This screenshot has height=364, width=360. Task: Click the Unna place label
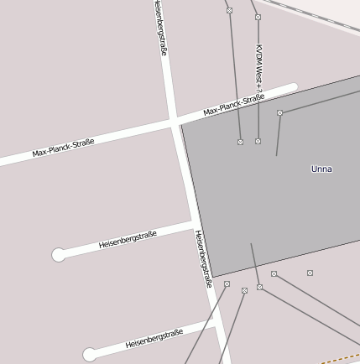click(321, 169)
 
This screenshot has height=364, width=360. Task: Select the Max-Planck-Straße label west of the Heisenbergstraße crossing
click(63, 148)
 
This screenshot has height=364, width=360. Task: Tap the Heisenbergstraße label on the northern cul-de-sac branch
click(128, 240)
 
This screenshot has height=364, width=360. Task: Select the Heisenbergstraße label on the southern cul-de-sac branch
click(154, 339)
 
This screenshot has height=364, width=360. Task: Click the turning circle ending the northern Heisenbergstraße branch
click(59, 255)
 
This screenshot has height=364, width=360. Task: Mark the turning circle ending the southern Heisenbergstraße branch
click(90, 355)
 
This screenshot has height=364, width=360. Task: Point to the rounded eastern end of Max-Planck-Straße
click(293, 86)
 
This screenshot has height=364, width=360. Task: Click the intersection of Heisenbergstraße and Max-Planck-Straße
click(175, 123)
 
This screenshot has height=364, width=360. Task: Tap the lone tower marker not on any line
click(310, 273)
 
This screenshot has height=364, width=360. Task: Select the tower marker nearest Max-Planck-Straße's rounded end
click(279, 112)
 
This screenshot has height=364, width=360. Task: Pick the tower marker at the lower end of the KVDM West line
click(258, 141)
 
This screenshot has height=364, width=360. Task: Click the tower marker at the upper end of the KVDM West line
click(258, 17)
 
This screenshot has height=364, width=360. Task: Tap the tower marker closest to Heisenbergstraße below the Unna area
click(227, 284)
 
